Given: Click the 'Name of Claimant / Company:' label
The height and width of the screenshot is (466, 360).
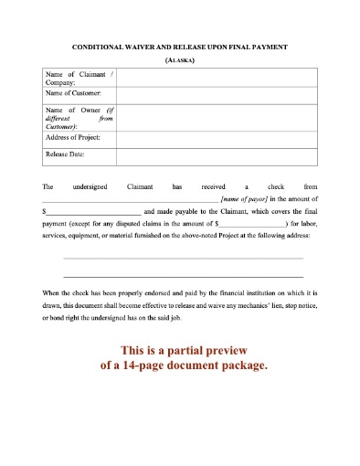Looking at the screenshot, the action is [x=77, y=79].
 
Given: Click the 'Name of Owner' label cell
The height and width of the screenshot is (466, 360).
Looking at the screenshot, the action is [x=77, y=117].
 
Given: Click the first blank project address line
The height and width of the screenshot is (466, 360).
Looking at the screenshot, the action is [x=183, y=259].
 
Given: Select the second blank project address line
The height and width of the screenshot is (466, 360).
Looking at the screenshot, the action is [x=183, y=276].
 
